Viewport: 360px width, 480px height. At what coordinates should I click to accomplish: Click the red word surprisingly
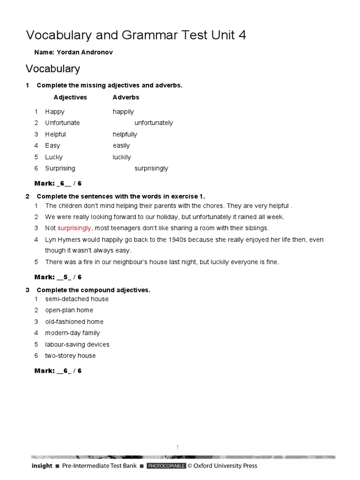[x=75, y=228]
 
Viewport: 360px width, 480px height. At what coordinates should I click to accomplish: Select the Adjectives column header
[x=70, y=97]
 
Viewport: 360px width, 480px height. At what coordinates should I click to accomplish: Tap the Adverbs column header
[x=126, y=97]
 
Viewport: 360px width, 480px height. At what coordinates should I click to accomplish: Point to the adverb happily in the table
[x=123, y=112]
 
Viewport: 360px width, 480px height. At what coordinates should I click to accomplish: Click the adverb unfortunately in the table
[x=154, y=123]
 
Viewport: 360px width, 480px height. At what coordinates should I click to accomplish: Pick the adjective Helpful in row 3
[x=55, y=135]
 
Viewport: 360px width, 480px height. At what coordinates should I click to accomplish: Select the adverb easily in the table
[x=121, y=146]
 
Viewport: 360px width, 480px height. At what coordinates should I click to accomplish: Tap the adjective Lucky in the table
[x=54, y=157]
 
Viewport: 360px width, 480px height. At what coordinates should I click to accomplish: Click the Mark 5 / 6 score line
[x=58, y=277]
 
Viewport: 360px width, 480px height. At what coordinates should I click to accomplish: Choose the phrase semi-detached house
[x=77, y=299]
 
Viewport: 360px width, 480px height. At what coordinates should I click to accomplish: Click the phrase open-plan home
[x=69, y=310]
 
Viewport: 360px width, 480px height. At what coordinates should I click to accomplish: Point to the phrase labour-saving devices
[x=77, y=345]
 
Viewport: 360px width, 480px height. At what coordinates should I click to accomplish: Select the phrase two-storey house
[x=70, y=356]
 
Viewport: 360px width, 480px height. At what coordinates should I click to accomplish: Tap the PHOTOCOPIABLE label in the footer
[x=166, y=466]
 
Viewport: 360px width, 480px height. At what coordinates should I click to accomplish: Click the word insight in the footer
[x=42, y=466]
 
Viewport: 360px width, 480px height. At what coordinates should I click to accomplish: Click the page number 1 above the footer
[x=178, y=448]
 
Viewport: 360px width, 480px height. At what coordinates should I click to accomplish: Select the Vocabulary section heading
[x=52, y=69]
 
